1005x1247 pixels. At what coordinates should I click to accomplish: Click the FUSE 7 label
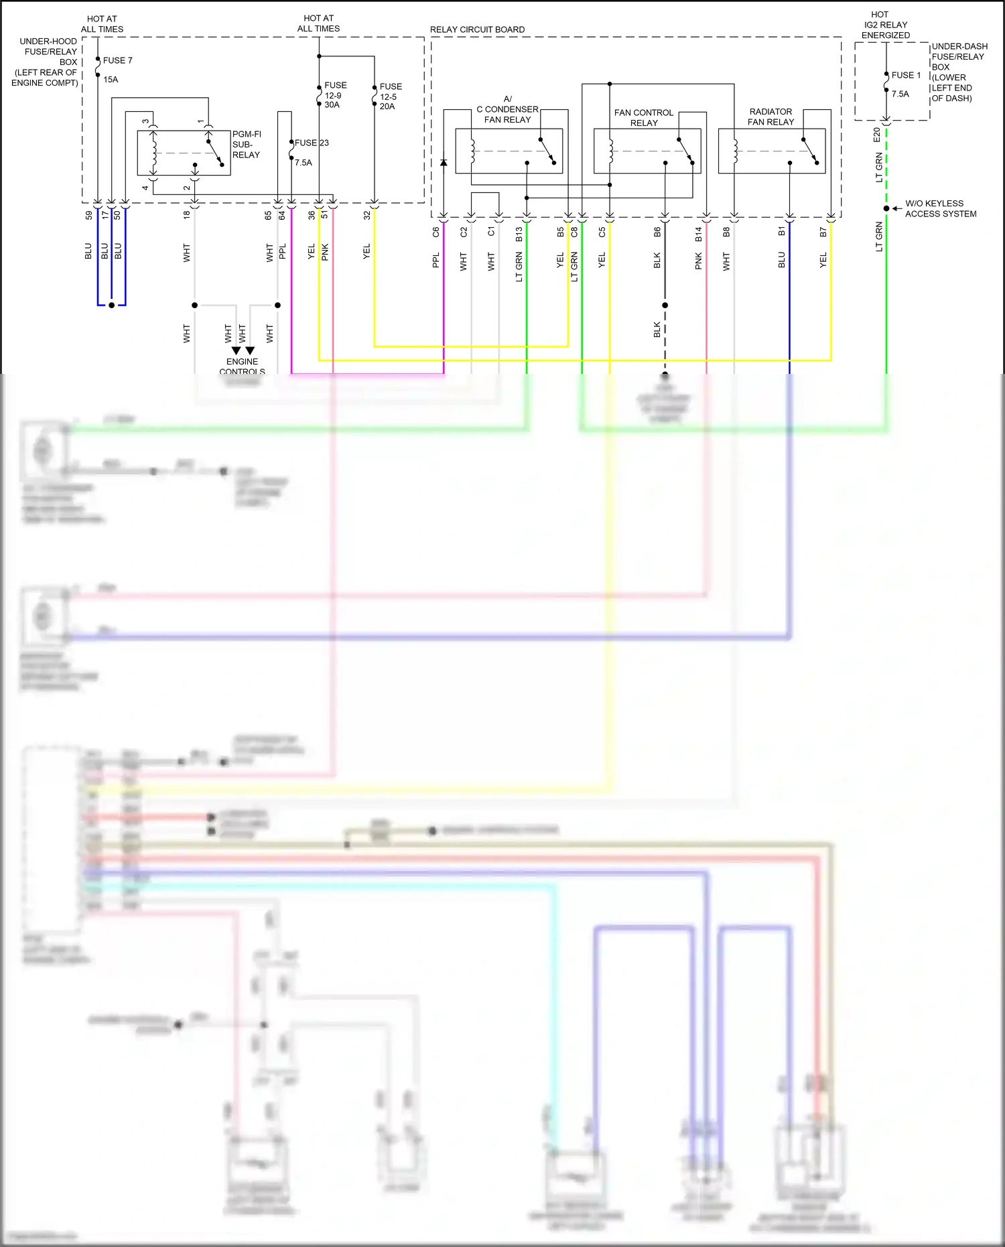pyautogui.click(x=117, y=60)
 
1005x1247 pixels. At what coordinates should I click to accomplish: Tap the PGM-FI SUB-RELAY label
pyautogui.click(x=246, y=145)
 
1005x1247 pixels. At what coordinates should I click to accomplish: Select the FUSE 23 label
pyautogui.click(x=312, y=143)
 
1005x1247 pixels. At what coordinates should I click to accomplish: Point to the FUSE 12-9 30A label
pyautogui.click(x=334, y=95)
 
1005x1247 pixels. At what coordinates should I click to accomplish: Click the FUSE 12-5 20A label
pyautogui.click(x=390, y=96)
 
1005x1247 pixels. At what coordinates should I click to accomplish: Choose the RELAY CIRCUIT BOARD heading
pyautogui.click(x=477, y=29)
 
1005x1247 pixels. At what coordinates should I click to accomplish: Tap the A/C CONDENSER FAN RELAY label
pyautogui.click(x=507, y=109)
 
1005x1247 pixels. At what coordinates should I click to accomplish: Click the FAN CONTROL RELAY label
pyautogui.click(x=643, y=117)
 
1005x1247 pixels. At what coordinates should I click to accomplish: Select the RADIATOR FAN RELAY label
pyautogui.click(x=770, y=117)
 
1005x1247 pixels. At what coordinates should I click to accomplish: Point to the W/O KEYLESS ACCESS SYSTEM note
pyautogui.click(x=940, y=208)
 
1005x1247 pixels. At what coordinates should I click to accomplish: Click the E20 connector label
pyautogui.click(x=877, y=135)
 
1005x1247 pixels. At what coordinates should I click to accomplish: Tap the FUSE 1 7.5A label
pyautogui.click(x=905, y=84)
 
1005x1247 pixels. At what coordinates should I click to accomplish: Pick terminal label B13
pyautogui.click(x=519, y=234)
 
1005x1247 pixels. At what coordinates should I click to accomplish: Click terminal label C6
pyautogui.click(x=436, y=232)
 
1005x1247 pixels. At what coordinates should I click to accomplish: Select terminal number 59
pyautogui.click(x=89, y=216)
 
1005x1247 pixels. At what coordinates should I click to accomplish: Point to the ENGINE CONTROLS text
pyautogui.click(x=242, y=367)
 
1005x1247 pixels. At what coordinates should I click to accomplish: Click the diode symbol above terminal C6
pyautogui.click(x=444, y=163)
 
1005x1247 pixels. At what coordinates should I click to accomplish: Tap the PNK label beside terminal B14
pyautogui.click(x=698, y=261)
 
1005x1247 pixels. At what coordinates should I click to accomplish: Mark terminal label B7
pyautogui.click(x=823, y=232)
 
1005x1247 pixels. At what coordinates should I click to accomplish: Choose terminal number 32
pyautogui.click(x=366, y=215)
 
